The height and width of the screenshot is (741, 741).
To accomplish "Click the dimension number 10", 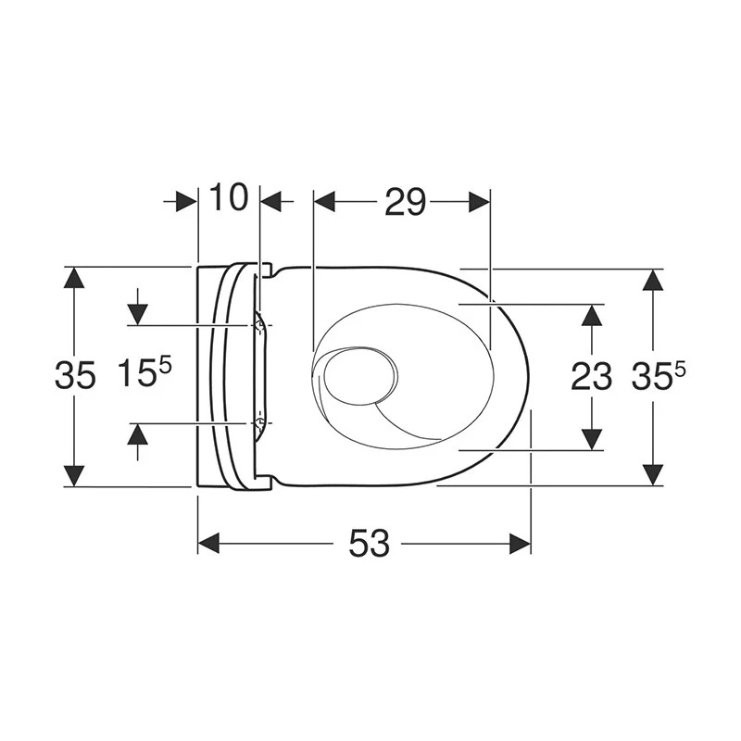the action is point(228,197).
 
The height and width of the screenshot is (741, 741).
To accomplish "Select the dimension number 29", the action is point(406,202).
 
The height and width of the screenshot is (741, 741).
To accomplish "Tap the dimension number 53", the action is point(369,543).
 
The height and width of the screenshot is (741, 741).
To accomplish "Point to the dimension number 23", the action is point(591,377).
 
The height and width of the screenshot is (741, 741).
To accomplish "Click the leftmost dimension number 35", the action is point(75,375).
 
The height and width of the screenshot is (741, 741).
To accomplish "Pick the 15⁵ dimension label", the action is point(144,372).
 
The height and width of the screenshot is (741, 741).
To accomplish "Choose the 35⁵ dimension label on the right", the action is point(659,376).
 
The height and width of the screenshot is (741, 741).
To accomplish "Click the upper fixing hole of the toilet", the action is point(258,325).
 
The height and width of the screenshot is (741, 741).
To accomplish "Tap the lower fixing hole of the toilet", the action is point(258,422).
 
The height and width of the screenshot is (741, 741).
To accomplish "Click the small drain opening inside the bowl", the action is point(359,377).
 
